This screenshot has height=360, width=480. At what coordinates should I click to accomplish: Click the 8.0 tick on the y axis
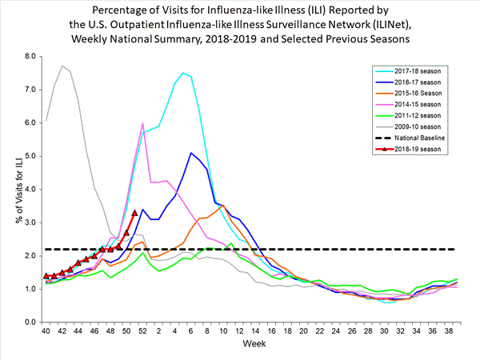click(30, 57)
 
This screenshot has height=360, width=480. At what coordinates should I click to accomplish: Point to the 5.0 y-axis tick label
click(30, 156)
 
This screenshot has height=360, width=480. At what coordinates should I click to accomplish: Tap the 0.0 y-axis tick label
click(30, 322)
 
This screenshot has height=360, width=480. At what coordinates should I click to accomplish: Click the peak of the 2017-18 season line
click(183, 73)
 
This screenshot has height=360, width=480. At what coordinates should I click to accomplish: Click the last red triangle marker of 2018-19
click(134, 213)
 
